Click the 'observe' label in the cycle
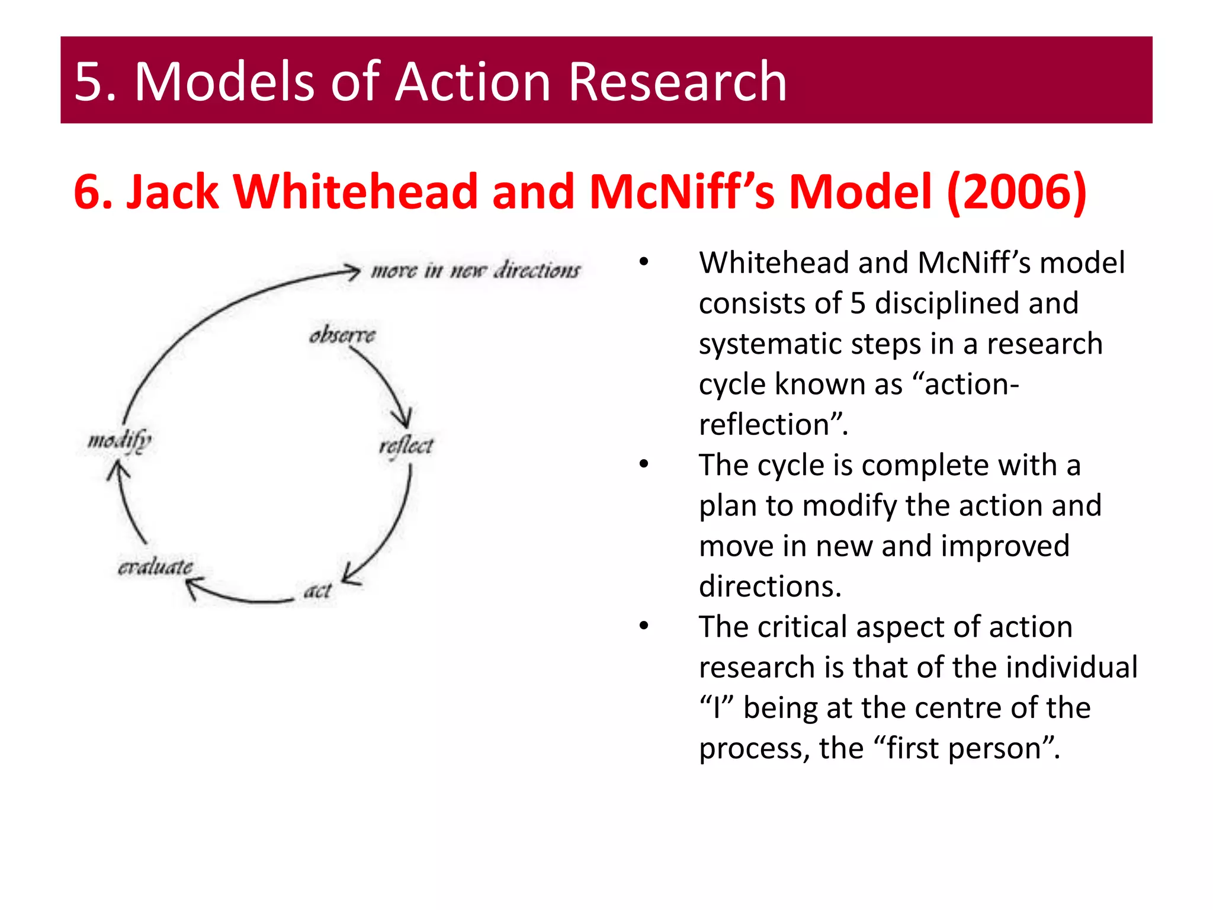click(x=342, y=335)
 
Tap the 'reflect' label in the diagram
click(x=406, y=446)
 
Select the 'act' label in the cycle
click(x=317, y=591)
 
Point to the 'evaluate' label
click(x=155, y=567)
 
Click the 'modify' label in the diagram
click(x=120, y=440)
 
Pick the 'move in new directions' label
click(x=476, y=270)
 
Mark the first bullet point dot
click(x=644, y=262)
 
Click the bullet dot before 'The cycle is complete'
click(x=644, y=464)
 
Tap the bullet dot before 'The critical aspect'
click(x=644, y=626)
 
